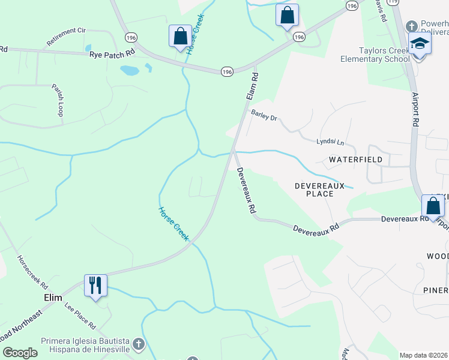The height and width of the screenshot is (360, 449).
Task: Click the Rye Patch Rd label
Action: pos(112,54)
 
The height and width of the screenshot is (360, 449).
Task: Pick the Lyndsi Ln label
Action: pos(330,142)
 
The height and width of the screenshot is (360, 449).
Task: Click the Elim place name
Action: pos(53,297)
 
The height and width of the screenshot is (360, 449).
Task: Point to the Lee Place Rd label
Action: pos(79,316)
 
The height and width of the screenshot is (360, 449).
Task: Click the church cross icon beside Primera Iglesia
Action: pos(139,344)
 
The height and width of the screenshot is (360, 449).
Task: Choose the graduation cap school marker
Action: pos(419,44)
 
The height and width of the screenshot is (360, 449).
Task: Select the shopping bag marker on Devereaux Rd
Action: pos(433,206)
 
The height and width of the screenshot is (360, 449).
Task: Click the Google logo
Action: pos(20,353)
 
